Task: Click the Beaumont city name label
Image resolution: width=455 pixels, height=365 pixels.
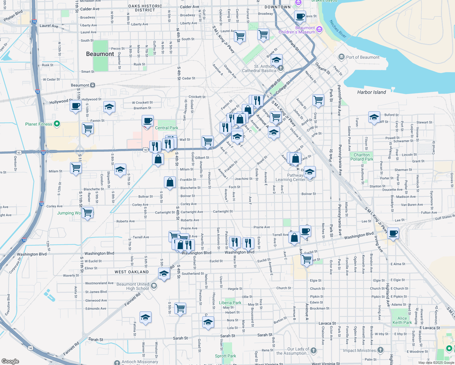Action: pyautogui.click(x=100, y=54)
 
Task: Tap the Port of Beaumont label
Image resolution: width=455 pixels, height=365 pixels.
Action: pyautogui.click(x=363, y=57)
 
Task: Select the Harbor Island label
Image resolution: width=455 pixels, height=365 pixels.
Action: pyautogui.click(x=371, y=92)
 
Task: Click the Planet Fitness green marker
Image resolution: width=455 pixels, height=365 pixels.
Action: pyautogui.click(x=57, y=124)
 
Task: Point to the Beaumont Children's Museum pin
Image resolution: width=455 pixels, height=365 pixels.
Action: pyautogui.click(x=319, y=29)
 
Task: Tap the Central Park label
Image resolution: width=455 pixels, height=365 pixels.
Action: pyautogui.click(x=166, y=128)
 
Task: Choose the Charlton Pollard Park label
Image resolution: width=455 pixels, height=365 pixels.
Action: pyautogui.click(x=362, y=157)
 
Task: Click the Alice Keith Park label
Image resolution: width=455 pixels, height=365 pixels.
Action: pyautogui.click(x=402, y=320)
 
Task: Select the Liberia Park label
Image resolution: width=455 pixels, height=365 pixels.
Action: pyautogui.click(x=230, y=303)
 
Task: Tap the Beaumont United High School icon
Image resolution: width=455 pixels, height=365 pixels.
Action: pyautogui.click(x=154, y=286)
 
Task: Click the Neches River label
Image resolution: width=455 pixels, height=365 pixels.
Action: pyautogui.click(x=338, y=29)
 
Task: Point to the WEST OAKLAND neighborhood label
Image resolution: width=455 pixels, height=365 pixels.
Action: pyautogui.click(x=132, y=272)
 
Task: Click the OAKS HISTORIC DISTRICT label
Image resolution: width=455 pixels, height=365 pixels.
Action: pyautogui.click(x=145, y=8)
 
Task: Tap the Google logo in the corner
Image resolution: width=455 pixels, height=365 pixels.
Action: pyautogui.click(x=10, y=361)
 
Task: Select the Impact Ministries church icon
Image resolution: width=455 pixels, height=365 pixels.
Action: pyautogui.click(x=380, y=350)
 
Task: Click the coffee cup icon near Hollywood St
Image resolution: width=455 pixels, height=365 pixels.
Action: pyautogui.click(x=76, y=106)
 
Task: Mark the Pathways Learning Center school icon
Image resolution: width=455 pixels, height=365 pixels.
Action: pyautogui.click(x=310, y=172)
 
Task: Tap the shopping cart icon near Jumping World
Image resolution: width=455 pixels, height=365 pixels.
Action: pyautogui.click(x=88, y=212)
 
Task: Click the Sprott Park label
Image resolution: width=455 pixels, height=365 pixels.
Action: pyautogui.click(x=225, y=356)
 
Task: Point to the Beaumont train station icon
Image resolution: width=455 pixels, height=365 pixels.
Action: pyautogui.click(x=92, y=85)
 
